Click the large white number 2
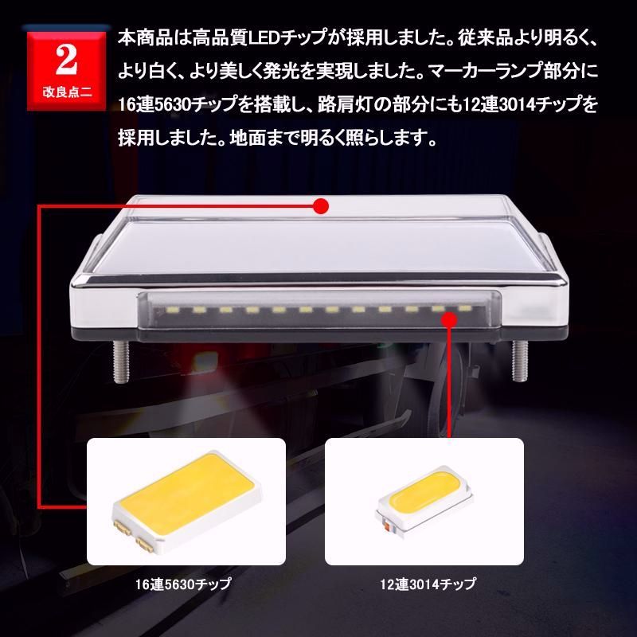68,61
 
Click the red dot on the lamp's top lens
321,206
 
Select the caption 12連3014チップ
427,584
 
